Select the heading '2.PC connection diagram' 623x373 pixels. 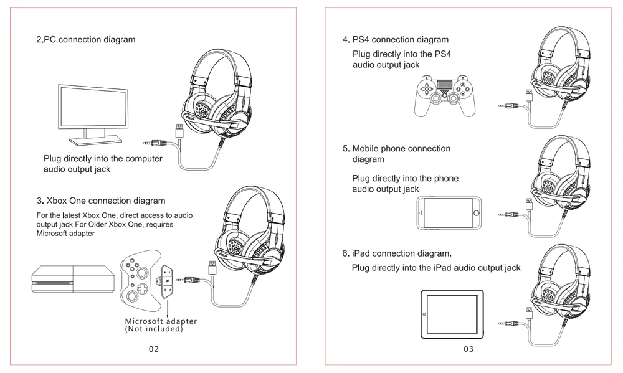85,40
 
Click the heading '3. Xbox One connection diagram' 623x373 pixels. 101,201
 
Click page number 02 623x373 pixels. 153,349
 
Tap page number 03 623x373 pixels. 468,349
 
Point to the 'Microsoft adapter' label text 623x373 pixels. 161,321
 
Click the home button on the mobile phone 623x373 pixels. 477,214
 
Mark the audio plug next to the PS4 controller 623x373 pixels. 508,107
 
